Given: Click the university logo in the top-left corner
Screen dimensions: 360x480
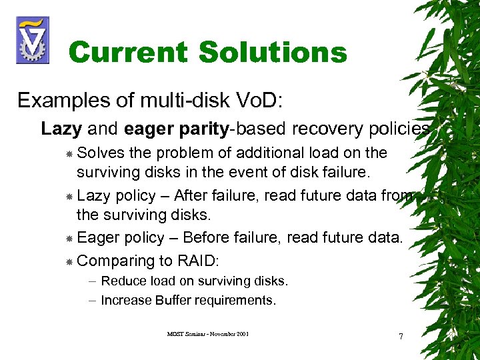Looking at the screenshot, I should pyautogui.click(x=32, y=40).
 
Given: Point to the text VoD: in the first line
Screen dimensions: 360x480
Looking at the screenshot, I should pyautogui.click(x=260, y=101).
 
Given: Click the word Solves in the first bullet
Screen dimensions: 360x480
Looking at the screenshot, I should pyautogui.click(x=100, y=153).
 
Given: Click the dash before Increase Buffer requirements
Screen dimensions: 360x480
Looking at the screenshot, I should pyautogui.click(x=91, y=301).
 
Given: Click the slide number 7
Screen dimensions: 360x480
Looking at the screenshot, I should pyautogui.click(x=401, y=336).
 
